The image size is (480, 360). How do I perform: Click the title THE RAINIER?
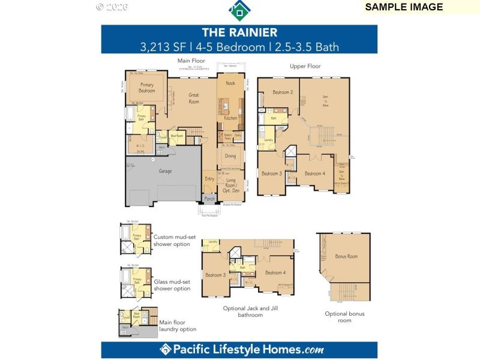tap(239, 32)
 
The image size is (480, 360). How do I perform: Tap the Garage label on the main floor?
tap(165, 171)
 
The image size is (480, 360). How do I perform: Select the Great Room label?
tap(194, 98)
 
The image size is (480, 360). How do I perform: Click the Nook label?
tap(230, 83)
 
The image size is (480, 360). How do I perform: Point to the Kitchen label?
tap(231, 118)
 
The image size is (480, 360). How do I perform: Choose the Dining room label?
tap(230, 155)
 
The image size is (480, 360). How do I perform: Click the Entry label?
tap(209, 179)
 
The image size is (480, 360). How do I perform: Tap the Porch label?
tap(209, 199)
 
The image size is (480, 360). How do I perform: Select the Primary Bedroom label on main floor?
tap(147, 88)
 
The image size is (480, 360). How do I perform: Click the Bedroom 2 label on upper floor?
tap(283, 92)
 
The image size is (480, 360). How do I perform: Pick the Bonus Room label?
tap(346, 256)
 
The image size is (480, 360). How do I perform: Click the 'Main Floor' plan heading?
tap(191, 61)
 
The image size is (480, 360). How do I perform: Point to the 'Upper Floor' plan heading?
tap(305, 66)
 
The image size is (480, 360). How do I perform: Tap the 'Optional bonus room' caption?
tap(344, 317)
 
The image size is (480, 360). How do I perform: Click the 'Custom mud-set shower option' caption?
tap(173, 240)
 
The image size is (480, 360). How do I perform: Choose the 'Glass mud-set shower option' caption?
tap(172, 285)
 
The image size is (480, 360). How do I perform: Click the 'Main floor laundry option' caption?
tap(178, 325)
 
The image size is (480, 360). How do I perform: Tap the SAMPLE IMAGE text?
tap(404, 7)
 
